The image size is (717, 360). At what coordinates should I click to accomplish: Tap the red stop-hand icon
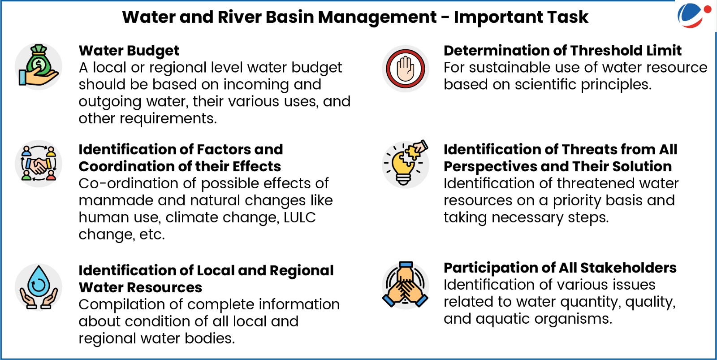[405, 69]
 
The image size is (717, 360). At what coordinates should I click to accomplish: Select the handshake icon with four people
[39, 163]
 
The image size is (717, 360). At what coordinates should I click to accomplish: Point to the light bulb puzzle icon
[405, 163]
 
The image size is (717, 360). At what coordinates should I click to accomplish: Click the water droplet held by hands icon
[39, 287]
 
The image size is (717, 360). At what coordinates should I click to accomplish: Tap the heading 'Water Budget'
[129, 51]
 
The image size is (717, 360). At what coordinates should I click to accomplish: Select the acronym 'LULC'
[300, 217]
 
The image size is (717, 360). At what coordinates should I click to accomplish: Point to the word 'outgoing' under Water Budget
[110, 102]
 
